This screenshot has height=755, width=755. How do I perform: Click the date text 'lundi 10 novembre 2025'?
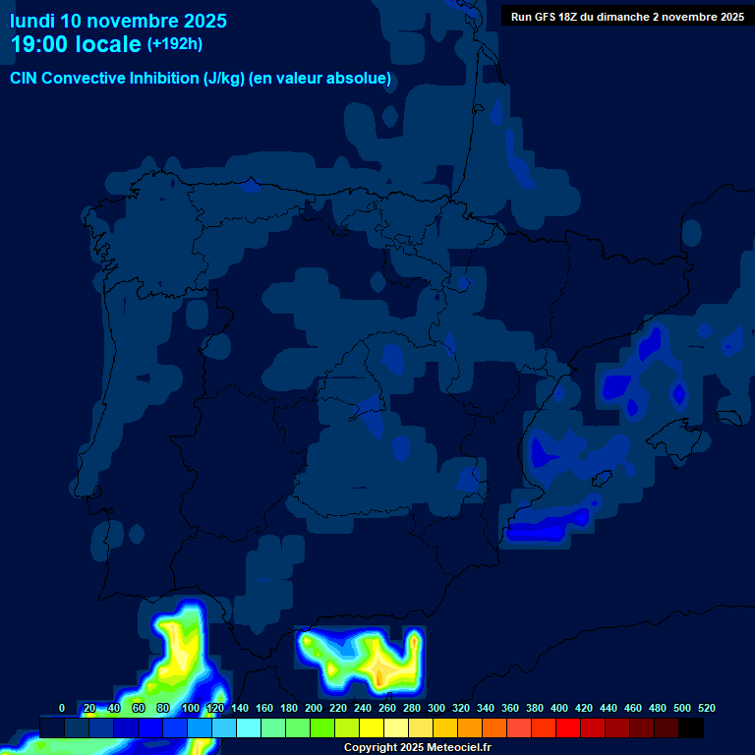(118, 21)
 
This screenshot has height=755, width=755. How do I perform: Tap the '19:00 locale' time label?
(76, 44)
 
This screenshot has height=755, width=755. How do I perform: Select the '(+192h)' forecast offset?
(175, 44)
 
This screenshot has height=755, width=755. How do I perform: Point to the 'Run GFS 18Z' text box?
(626, 17)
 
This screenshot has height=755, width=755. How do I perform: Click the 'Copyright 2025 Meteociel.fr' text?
(417, 747)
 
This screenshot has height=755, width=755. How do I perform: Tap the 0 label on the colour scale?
(62, 708)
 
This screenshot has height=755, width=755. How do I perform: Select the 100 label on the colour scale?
(191, 708)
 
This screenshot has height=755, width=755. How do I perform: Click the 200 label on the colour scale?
(314, 708)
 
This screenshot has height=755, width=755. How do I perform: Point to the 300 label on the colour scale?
(436, 708)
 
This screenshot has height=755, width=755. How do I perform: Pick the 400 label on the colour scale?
(559, 708)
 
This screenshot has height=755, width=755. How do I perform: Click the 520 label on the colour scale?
(706, 708)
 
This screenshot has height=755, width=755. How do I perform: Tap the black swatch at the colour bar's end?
(691, 727)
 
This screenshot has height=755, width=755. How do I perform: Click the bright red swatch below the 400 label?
(568, 727)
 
